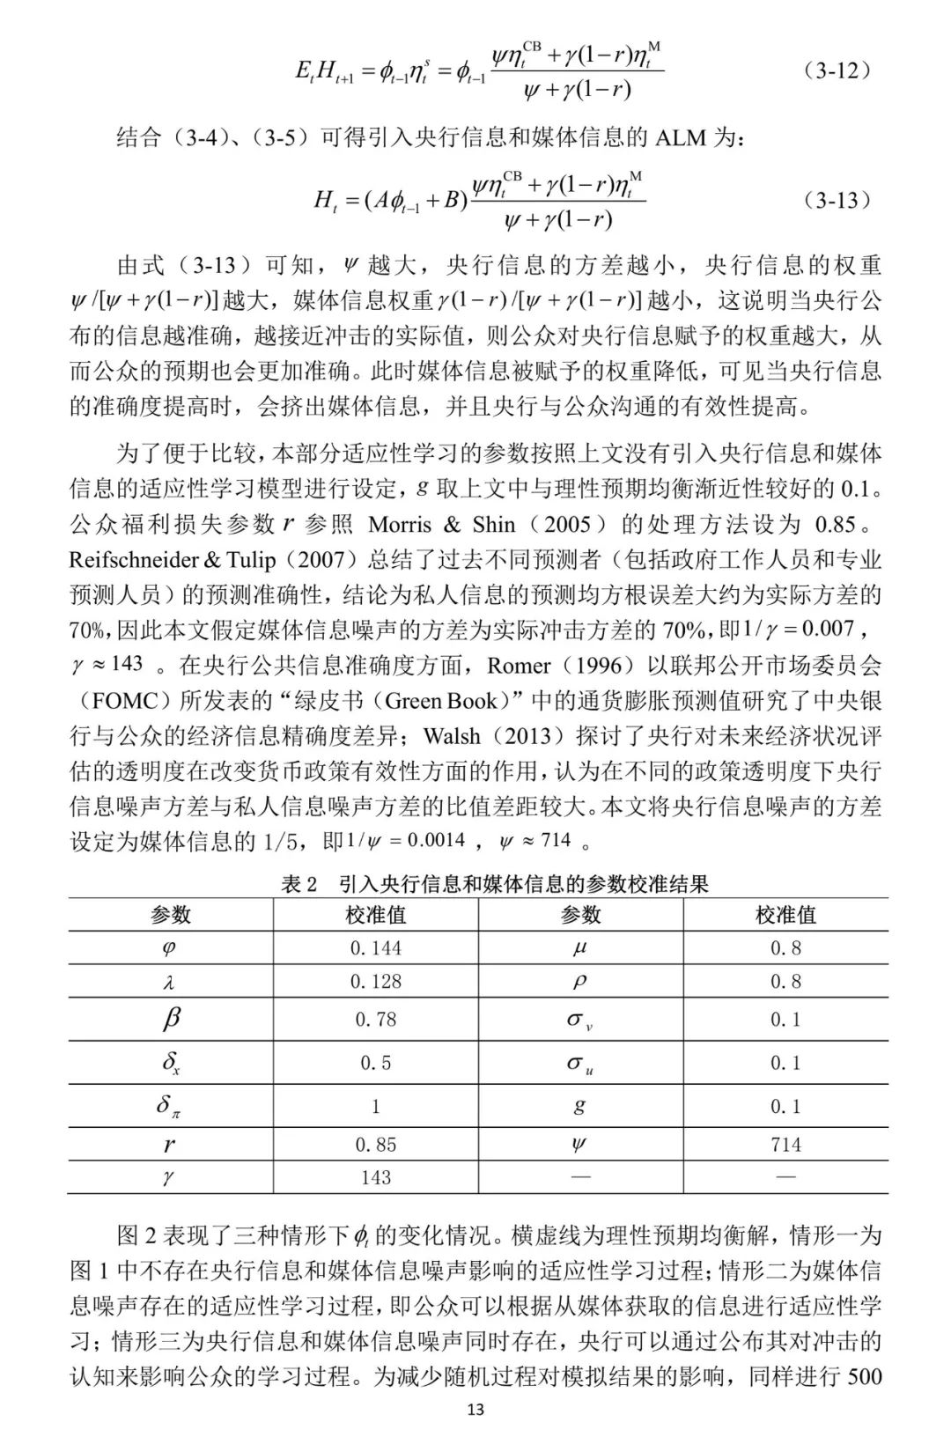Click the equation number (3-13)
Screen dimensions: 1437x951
click(837, 201)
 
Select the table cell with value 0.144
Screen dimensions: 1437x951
click(375, 948)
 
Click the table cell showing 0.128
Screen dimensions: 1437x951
click(375, 982)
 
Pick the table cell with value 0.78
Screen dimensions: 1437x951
click(375, 1020)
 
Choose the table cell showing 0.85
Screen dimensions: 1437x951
click(375, 1145)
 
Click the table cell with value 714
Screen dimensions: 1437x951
click(785, 1145)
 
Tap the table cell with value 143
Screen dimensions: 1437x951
click(375, 1177)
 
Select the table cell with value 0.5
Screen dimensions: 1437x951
click(375, 1064)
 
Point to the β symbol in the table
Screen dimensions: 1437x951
click(171, 1020)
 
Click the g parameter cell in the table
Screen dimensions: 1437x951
click(579, 1105)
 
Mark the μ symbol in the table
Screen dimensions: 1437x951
click(579, 948)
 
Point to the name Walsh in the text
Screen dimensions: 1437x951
click(451, 736)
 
